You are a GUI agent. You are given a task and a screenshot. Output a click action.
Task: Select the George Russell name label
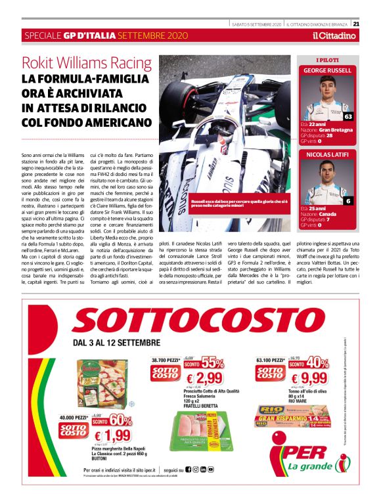(x=327, y=70)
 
